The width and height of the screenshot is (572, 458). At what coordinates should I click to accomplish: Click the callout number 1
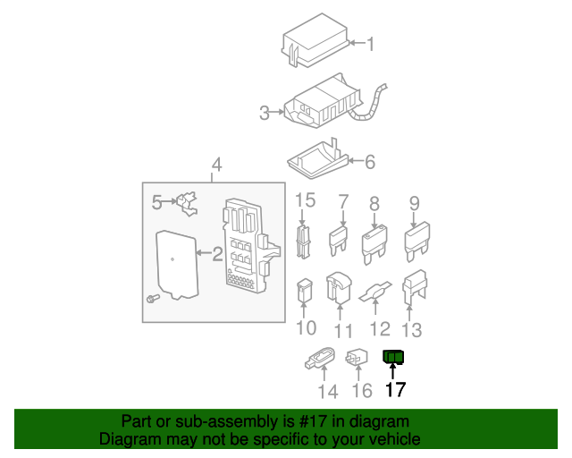pos(372,44)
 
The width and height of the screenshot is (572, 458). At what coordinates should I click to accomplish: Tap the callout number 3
pos(265,113)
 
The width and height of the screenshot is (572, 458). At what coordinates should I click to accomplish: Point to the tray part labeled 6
pos(317,159)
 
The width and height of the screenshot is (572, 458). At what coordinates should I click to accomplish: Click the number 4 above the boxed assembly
pos(215,165)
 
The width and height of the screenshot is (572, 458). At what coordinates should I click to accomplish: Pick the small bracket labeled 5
pos(188,203)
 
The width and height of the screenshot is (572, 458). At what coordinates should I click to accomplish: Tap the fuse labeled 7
pos(340,239)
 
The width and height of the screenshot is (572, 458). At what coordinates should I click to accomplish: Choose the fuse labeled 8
pos(374,242)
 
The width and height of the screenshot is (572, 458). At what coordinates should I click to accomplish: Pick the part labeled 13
pos(415,286)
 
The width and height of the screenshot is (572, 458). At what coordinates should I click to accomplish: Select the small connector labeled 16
pos(358,358)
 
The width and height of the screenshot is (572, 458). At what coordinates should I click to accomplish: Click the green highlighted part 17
pos(393,358)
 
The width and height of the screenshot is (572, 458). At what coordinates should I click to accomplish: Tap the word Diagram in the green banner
pos(127,439)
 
